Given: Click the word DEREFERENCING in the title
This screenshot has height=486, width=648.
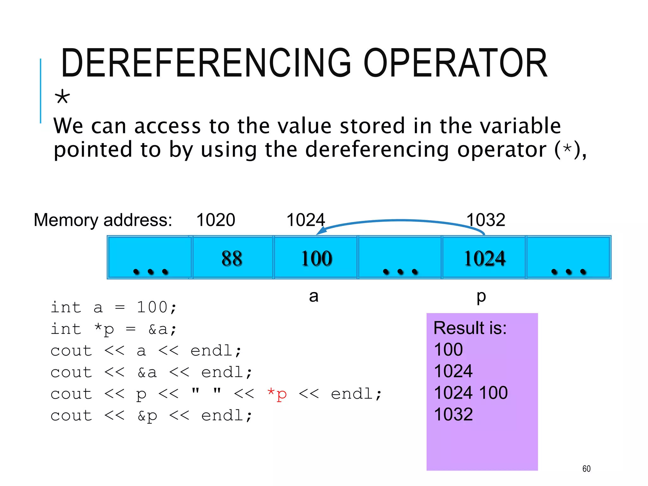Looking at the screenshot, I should [206, 63].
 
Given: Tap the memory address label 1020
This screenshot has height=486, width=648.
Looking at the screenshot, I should [215, 220].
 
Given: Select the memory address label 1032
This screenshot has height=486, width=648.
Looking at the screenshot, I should [486, 220].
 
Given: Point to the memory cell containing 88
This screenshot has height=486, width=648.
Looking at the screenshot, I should [232, 258].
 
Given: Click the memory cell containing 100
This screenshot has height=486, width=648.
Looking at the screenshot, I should [316, 258].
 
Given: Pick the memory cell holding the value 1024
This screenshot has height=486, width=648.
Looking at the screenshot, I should [484, 258].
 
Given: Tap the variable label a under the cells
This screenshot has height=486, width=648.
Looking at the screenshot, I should [314, 296].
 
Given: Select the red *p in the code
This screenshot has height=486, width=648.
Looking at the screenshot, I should [277, 394].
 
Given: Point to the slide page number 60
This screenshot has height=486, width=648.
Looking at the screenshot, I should [586, 469].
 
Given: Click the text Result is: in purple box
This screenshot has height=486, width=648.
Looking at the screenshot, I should [470, 328].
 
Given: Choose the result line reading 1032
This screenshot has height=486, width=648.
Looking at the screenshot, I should [453, 414].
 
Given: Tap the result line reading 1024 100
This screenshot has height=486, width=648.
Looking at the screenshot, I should [470, 393].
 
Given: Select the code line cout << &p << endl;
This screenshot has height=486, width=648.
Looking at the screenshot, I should [151, 416].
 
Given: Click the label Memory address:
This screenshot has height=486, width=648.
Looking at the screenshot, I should [103, 220].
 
